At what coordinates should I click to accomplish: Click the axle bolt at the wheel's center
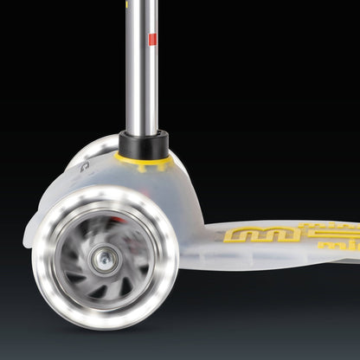[x=106, y=256]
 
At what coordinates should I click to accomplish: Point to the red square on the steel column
[x=152, y=40]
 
